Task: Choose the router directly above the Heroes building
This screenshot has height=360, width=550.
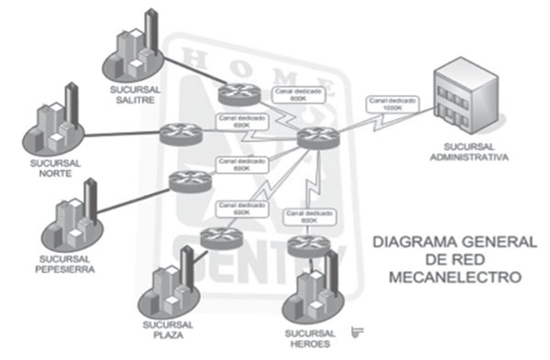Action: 304,245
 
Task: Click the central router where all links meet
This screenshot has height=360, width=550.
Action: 316,140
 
